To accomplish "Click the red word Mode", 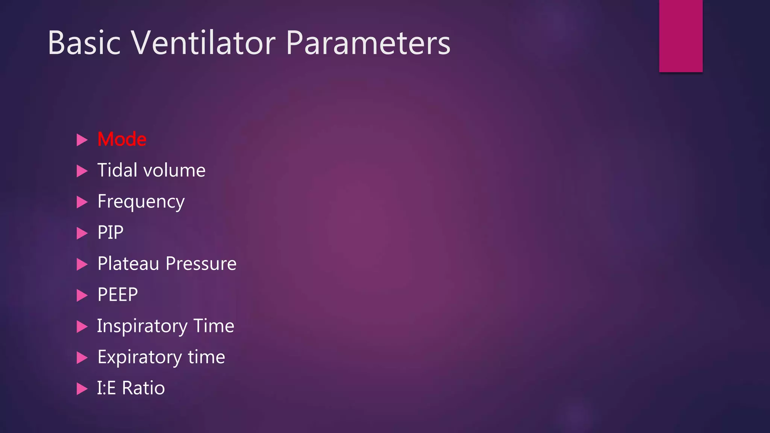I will point(122,139).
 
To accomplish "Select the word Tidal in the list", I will point(117,170).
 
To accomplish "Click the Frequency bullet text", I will point(141,202).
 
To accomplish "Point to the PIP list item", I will point(110,233).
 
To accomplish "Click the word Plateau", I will point(128,263).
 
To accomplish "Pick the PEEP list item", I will point(118,295).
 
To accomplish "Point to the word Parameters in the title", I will point(368,43).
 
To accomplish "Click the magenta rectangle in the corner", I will point(681,36).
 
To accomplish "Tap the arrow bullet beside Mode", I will point(82,140).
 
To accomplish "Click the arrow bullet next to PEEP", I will point(82,295).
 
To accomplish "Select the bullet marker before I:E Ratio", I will point(82,389).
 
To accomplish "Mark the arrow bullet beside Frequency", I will point(82,202).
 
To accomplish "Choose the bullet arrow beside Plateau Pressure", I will point(82,264).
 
